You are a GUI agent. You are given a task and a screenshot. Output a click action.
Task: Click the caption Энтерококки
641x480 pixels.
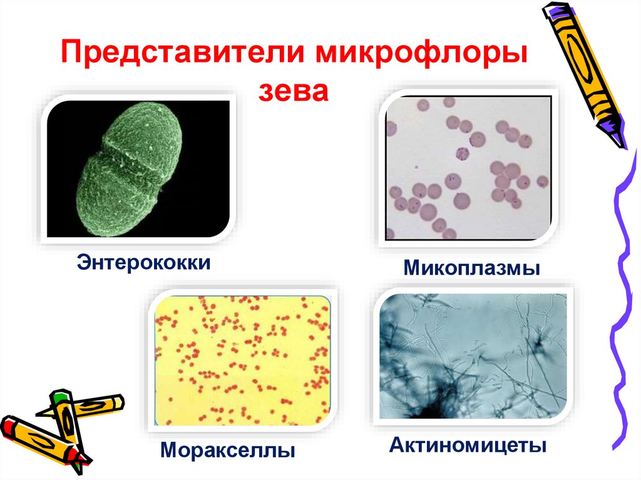143,261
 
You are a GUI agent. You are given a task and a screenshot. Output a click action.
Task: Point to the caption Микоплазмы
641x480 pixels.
471,270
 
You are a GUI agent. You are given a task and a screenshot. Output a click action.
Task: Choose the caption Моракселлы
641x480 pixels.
227,449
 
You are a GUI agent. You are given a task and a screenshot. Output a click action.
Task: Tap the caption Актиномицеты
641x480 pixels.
468,446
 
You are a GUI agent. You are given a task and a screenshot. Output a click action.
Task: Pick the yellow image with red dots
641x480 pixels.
243,361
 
